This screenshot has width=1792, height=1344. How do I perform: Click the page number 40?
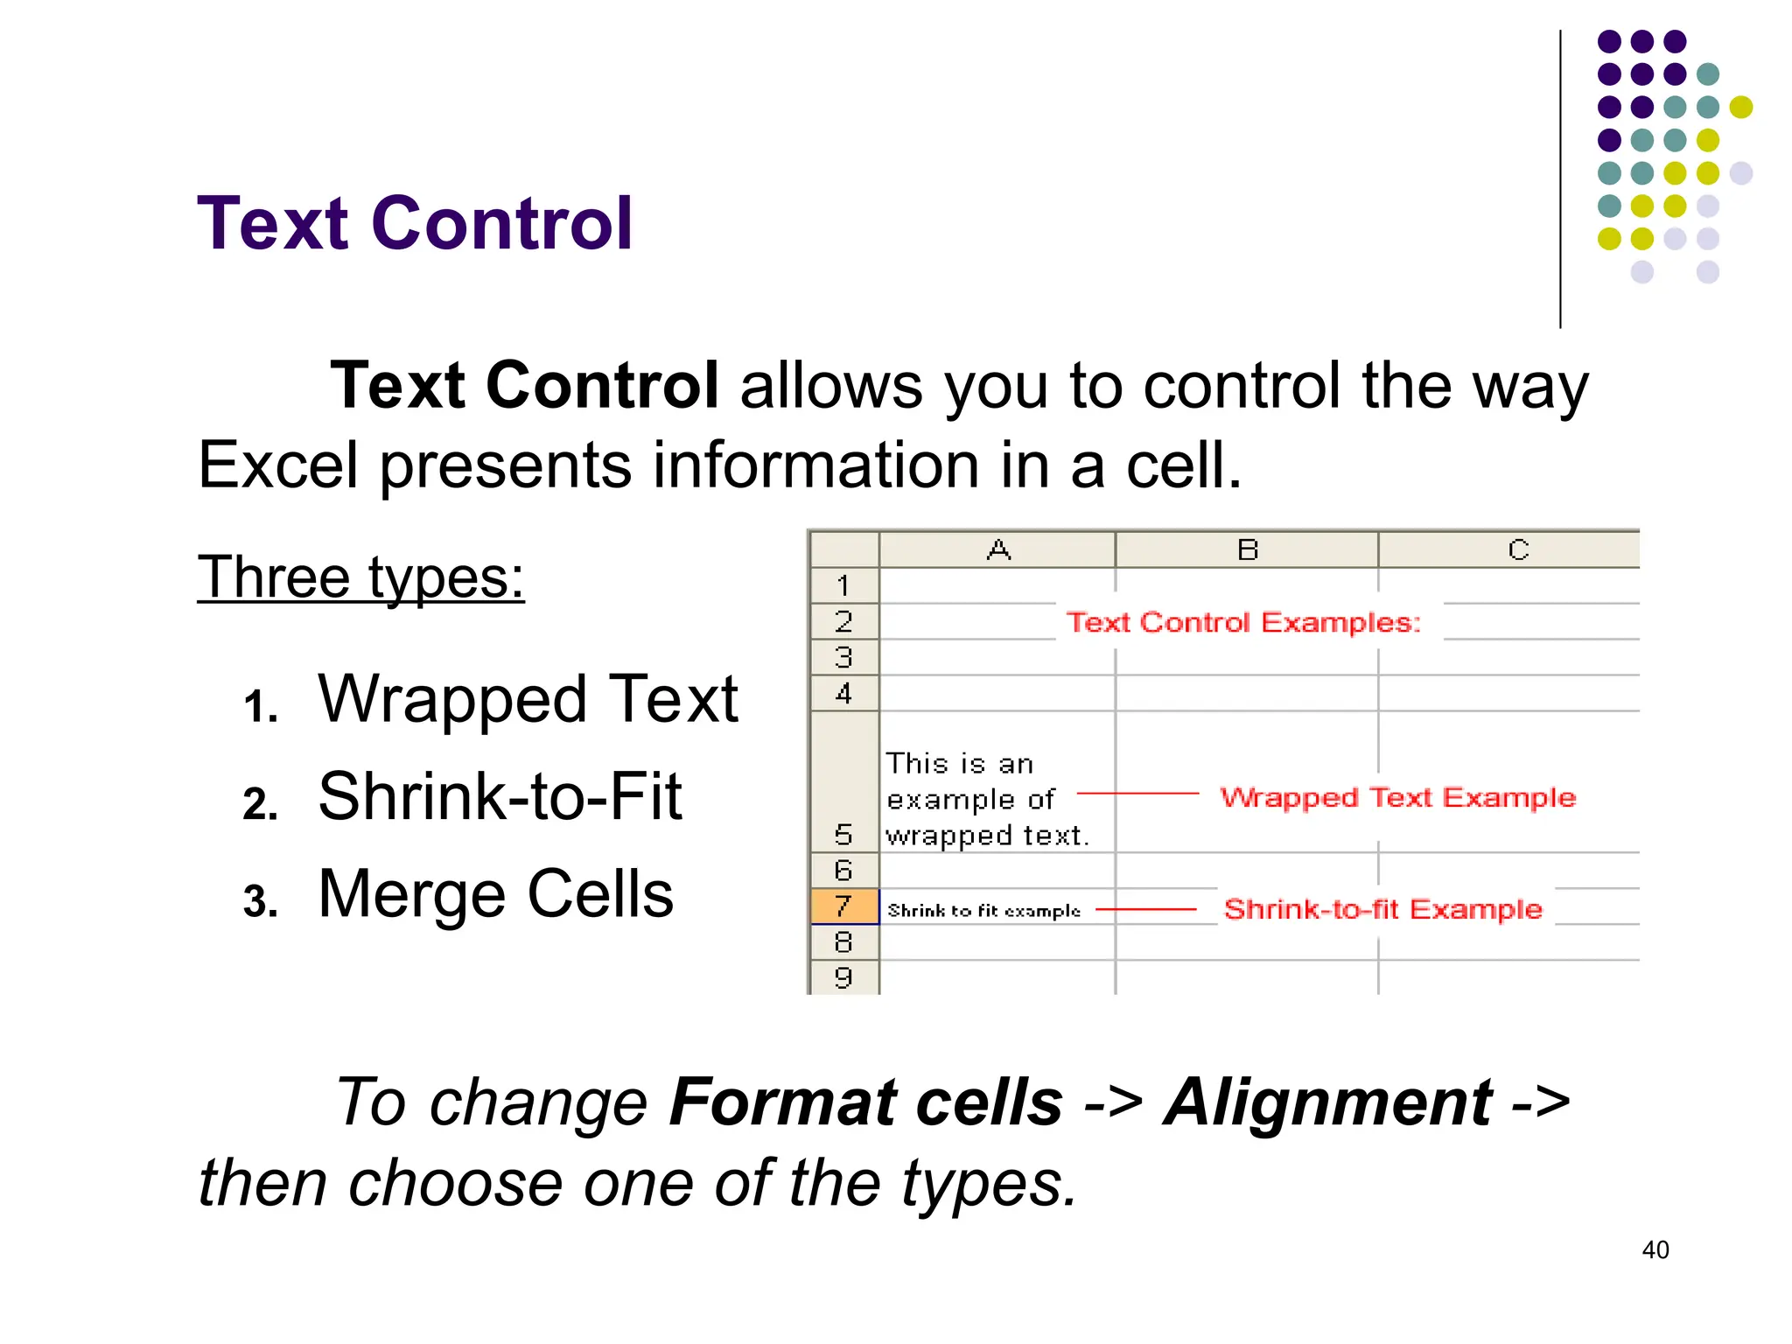pyautogui.click(x=1655, y=1249)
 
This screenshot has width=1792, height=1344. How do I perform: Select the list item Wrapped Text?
pyautogui.click(x=528, y=699)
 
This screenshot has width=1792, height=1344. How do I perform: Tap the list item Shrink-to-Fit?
pyautogui.click(x=500, y=796)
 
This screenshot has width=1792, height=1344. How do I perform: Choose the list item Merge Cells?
pyautogui.click(x=495, y=894)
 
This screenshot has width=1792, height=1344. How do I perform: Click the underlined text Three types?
pyautogui.click(x=360, y=577)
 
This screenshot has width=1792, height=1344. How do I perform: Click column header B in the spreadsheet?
pyautogui.click(x=1247, y=550)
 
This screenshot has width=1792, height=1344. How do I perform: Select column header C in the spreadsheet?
pyautogui.click(x=1517, y=550)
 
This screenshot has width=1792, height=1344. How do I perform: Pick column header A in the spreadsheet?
pyautogui.click(x=997, y=550)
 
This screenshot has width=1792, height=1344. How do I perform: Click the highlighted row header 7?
pyautogui.click(x=843, y=906)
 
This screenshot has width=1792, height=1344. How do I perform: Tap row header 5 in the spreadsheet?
pyautogui.click(x=843, y=834)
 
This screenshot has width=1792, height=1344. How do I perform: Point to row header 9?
pyautogui.click(x=843, y=977)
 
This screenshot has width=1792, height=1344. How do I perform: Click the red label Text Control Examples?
pyautogui.click(x=1243, y=622)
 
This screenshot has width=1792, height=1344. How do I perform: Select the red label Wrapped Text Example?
pyautogui.click(x=1397, y=797)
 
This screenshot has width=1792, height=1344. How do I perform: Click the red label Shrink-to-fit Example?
pyautogui.click(x=1382, y=909)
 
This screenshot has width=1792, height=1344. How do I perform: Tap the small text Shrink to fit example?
pyautogui.click(x=983, y=911)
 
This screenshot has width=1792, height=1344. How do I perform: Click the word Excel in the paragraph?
pyautogui.click(x=277, y=465)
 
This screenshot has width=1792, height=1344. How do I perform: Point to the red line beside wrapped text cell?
pyautogui.click(x=1137, y=794)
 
